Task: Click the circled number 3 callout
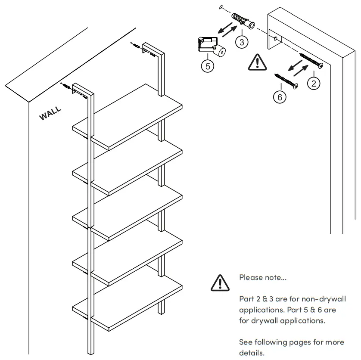point(242,42)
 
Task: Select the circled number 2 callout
point(314,83)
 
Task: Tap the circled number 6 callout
point(280,97)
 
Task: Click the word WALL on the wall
point(50,114)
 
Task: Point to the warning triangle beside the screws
point(258,62)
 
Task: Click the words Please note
point(262,278)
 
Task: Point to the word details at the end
point(251,353)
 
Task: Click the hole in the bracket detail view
point(275,39)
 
